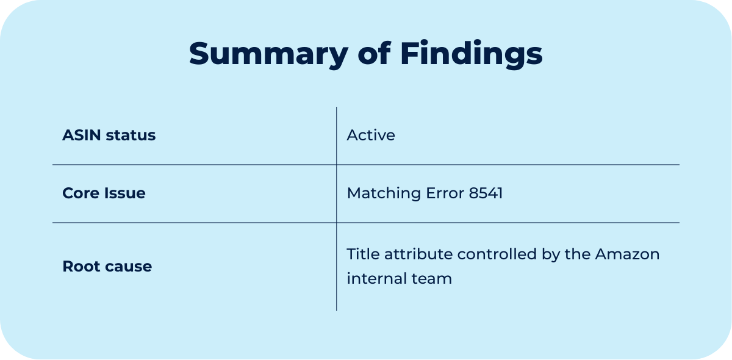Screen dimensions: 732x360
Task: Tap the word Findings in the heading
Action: (x=472, y=54)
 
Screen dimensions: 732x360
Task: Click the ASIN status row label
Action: (x=109, y=135)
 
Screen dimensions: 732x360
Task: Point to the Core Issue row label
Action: (x=104, y=193)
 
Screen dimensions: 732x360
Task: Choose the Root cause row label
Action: (x=107, y=267)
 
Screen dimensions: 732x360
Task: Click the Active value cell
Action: (x=371, y=135)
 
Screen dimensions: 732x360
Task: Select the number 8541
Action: (x=486, y=193)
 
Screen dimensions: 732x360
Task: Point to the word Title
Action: (x=362, y=254)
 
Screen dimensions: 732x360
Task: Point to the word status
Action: (x=131, y=135)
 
